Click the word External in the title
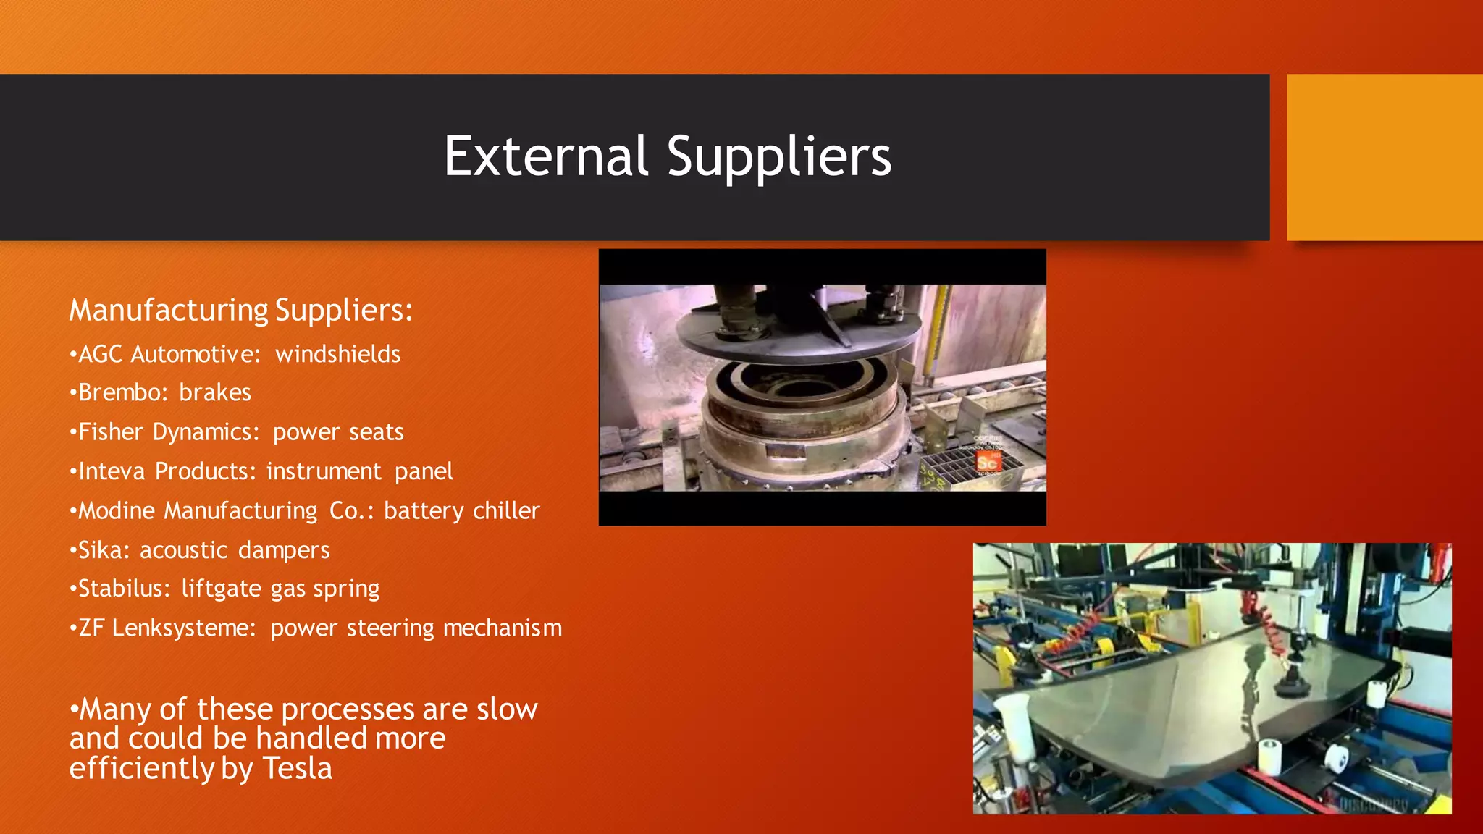[x=545, y=156]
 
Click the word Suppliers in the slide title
[x=779, y=158]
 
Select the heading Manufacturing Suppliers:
[x=241, y=311]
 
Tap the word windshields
[x=337, y=354]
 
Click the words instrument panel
[x=359, y=471]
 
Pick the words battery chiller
[x=462, y=511]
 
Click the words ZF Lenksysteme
[x=166, y=628]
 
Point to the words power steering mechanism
[x=416, y=628]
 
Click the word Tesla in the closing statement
[x=297, y=768]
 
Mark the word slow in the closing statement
[x=507, y=709]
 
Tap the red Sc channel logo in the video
[x=987, y=463]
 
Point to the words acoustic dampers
[x=235, y=550]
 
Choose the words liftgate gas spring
[x=280, y=589]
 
